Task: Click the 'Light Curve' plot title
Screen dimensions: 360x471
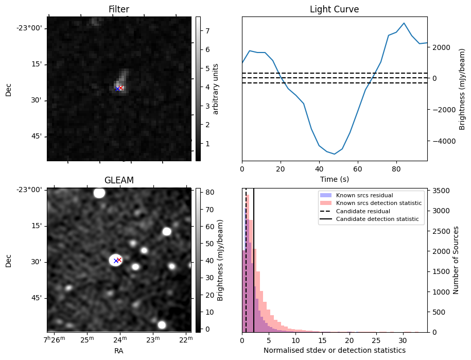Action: (x=334, y=9)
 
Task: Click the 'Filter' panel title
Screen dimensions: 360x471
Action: (x=118, y=9)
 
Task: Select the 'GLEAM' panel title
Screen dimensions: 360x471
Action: (x=119, y=180)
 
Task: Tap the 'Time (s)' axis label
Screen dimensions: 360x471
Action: (x=334, y=179)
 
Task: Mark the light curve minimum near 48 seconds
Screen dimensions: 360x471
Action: (x=335, y=154)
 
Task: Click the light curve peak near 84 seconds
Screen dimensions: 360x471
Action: (x=404, y=23)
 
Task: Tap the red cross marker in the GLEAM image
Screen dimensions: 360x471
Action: (x=119, y=260)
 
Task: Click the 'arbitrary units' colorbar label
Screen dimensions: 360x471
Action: (x=216, y=89)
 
